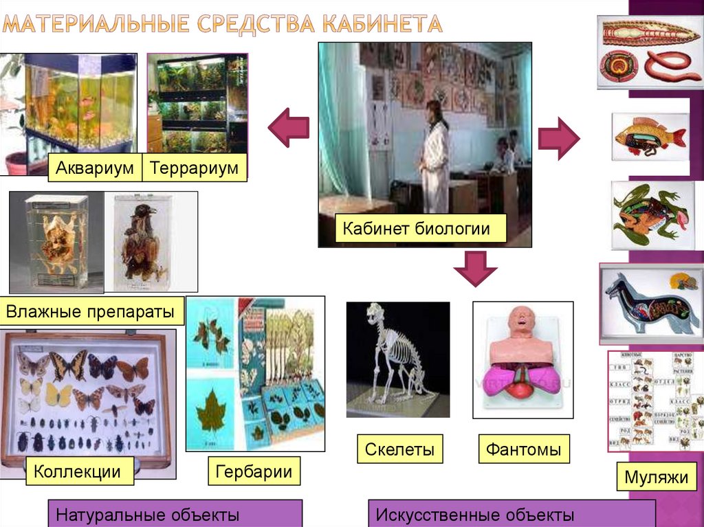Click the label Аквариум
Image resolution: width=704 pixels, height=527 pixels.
click(95, 168)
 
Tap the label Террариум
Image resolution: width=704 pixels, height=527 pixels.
click(194, 168)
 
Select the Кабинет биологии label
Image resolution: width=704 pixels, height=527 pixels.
click(421, 228)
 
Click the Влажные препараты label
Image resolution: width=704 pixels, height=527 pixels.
click(92, 311)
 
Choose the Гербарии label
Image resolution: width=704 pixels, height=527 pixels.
click(254, 471)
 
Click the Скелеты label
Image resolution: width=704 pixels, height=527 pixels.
click(399, 450)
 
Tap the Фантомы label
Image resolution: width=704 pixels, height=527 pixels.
click(524, 450)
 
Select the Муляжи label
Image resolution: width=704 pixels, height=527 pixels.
click(657, 477)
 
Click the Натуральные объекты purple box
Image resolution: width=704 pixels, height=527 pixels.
click(175, 514)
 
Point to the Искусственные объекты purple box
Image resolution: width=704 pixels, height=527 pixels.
click(511, 514)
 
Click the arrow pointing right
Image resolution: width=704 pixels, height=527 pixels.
click(558, 137)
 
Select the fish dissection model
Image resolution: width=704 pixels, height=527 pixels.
click(649, 136)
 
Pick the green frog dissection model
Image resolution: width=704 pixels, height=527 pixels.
click(648, 214)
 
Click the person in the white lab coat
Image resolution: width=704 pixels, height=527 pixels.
click(435, 158)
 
